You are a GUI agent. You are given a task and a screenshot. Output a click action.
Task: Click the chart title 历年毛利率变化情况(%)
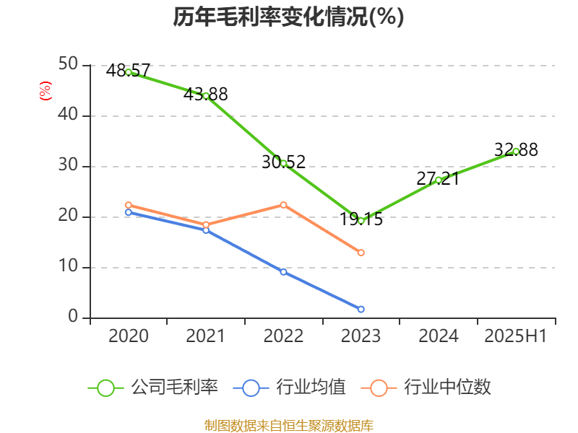click(288, 17)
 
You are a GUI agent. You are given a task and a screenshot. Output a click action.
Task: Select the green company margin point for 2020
click(129, 72)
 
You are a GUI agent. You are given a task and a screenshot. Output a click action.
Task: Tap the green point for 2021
click(206, 95)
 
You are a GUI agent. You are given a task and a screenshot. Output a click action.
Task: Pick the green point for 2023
click(361, 220)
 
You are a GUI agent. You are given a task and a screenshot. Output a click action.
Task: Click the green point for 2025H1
click(516, 151)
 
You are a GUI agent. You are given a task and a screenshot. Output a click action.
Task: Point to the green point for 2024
click(439, 180)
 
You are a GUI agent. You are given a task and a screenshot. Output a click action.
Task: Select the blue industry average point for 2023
click(361, 309)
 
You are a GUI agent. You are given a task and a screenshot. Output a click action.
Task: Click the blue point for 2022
click(283, 272)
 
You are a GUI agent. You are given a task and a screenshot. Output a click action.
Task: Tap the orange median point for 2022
click(283, 204)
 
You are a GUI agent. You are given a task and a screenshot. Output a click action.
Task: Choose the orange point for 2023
click(361, 253)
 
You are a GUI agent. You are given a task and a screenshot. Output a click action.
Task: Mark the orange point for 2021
click(206, 225)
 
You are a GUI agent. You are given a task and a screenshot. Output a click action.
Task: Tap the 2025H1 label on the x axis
click(515, 336)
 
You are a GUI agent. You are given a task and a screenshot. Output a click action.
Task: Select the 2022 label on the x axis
click(283, 336)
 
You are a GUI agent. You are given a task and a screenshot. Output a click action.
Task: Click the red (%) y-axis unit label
click(45, 91)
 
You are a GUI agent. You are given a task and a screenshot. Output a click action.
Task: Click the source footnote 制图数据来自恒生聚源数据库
click(288, 425)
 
